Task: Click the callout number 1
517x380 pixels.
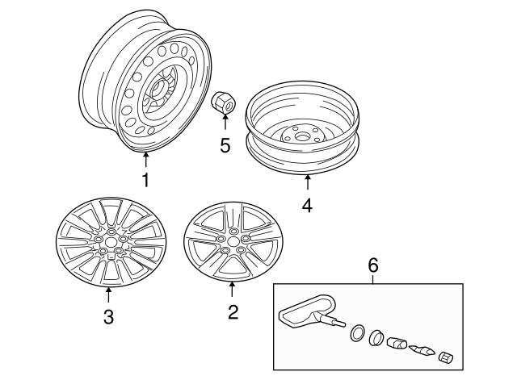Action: (145, 180)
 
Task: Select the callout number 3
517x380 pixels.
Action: (108, 316)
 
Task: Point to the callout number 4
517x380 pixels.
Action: (307, 206)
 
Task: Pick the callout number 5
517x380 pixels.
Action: (225, 146)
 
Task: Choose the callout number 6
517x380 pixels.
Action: (372, 264)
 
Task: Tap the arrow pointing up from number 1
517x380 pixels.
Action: (145, 158)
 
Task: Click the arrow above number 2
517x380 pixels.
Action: (233, 288)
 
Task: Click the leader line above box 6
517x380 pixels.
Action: (372, 278)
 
